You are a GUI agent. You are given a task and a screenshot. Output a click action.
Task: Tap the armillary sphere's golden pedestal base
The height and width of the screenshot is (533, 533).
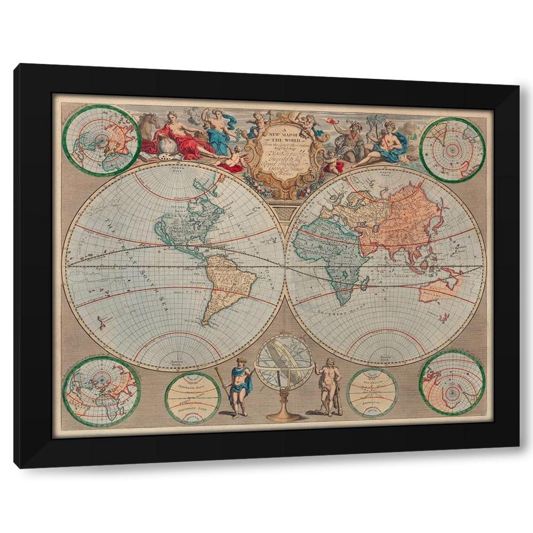(283, 415)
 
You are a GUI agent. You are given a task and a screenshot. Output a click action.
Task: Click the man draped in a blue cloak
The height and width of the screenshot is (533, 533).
(238, 385)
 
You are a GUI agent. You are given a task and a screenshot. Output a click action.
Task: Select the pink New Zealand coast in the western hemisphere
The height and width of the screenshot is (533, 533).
(100, 321)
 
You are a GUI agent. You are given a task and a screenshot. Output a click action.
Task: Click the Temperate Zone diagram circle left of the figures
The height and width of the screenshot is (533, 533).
(192, 398)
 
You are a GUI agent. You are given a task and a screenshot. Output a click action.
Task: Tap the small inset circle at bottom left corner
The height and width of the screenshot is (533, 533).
(101, 392)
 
